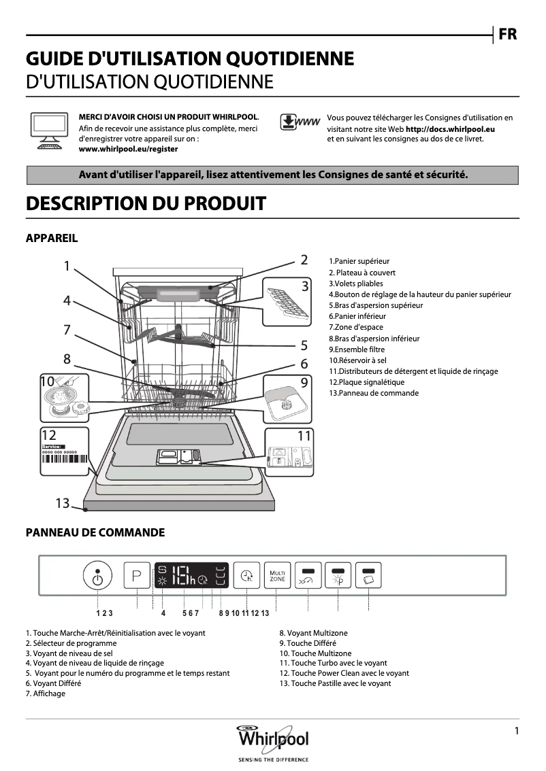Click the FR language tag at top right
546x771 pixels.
tap(508, 35)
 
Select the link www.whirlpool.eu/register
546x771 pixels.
tap(129, 148)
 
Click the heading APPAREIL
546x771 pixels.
tap(51, 238)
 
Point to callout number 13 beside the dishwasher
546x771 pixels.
tap(63, 503)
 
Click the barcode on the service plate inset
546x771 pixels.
tap(65, 459)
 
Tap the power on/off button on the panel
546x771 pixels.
tap(98, 577)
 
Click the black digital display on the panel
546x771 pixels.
tap(192, 577)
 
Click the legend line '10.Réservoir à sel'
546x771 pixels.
tap(357, 360)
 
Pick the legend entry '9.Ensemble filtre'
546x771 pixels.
tap(356, 349)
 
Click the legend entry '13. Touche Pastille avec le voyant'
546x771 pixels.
tap(335, 683)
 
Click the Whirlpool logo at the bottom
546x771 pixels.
tap(272, 740)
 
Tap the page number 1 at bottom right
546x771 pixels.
tap(517, 731)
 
